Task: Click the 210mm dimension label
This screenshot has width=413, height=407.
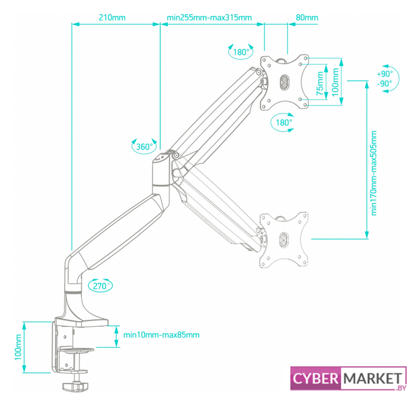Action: point(113,17)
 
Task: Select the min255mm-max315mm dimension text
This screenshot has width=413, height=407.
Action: point(209,17)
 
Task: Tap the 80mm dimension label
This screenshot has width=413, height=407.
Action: point(307,17)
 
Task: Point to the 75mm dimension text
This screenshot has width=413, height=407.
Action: point(320,81)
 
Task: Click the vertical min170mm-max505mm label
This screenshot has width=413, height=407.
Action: point(374,173)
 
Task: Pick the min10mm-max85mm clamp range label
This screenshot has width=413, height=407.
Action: point(161,335)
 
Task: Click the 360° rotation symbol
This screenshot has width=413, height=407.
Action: point(144,146)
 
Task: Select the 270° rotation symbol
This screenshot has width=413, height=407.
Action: point(99,286)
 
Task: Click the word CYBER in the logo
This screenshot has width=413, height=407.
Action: point(316,379)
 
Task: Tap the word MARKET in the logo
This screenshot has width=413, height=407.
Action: point(372,379)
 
